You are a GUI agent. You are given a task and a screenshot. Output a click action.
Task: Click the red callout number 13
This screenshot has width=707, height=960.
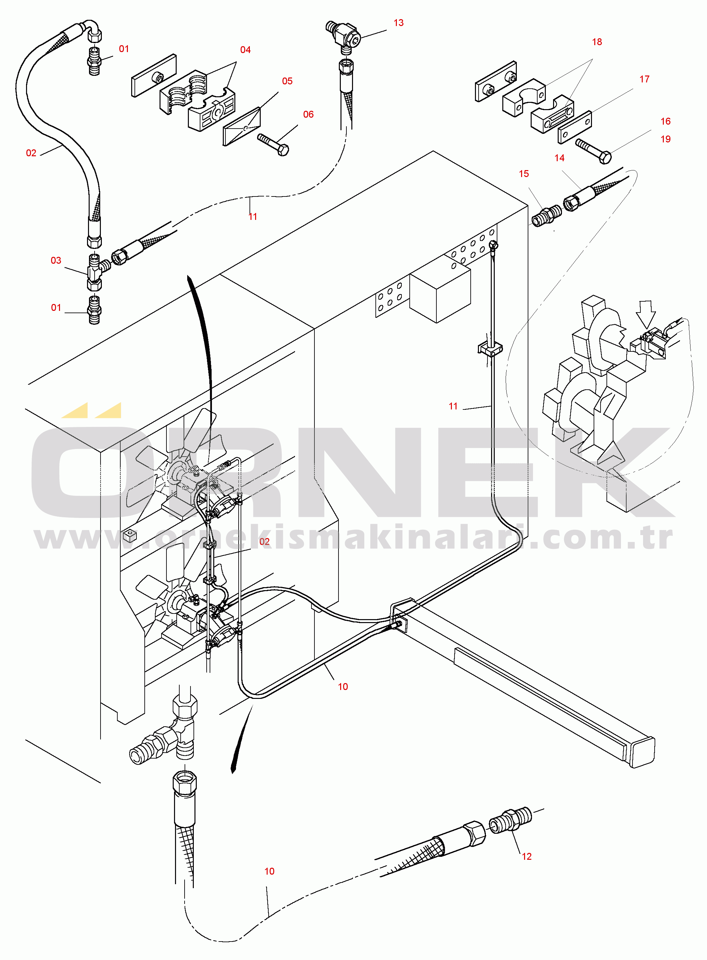tap(398, 23)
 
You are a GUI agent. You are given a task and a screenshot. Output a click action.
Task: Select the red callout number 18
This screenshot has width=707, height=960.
tap(597, 42)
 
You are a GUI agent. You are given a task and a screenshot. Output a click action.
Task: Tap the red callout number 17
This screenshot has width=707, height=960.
tap(644, 79)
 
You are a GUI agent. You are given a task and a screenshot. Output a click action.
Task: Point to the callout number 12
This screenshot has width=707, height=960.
tap(526, 856)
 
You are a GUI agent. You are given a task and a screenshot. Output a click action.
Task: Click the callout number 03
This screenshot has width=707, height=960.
tap(56, 260)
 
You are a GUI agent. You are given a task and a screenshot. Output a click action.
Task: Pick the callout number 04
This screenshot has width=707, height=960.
tap(245, 50)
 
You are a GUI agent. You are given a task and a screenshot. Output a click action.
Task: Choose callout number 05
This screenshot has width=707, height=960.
tap(287, 81)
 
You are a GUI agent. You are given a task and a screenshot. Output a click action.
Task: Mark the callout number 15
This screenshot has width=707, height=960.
tap(524, 173)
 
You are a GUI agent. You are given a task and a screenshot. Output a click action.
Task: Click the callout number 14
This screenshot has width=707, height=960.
tap(559, 158)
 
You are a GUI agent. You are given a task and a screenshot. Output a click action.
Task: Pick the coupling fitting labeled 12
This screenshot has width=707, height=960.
tap(511, 819)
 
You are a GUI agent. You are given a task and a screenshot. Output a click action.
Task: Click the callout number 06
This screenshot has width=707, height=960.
tap(308, 114)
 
